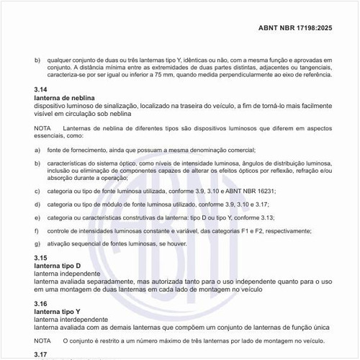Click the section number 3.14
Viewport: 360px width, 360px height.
(41, 89)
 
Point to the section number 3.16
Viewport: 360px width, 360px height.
(41, 303)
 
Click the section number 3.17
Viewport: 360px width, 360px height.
(41, 354)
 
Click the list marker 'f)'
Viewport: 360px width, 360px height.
(37, 230)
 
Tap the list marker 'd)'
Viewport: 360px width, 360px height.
(37, 204)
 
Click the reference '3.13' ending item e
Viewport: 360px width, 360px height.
(284, 217)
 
